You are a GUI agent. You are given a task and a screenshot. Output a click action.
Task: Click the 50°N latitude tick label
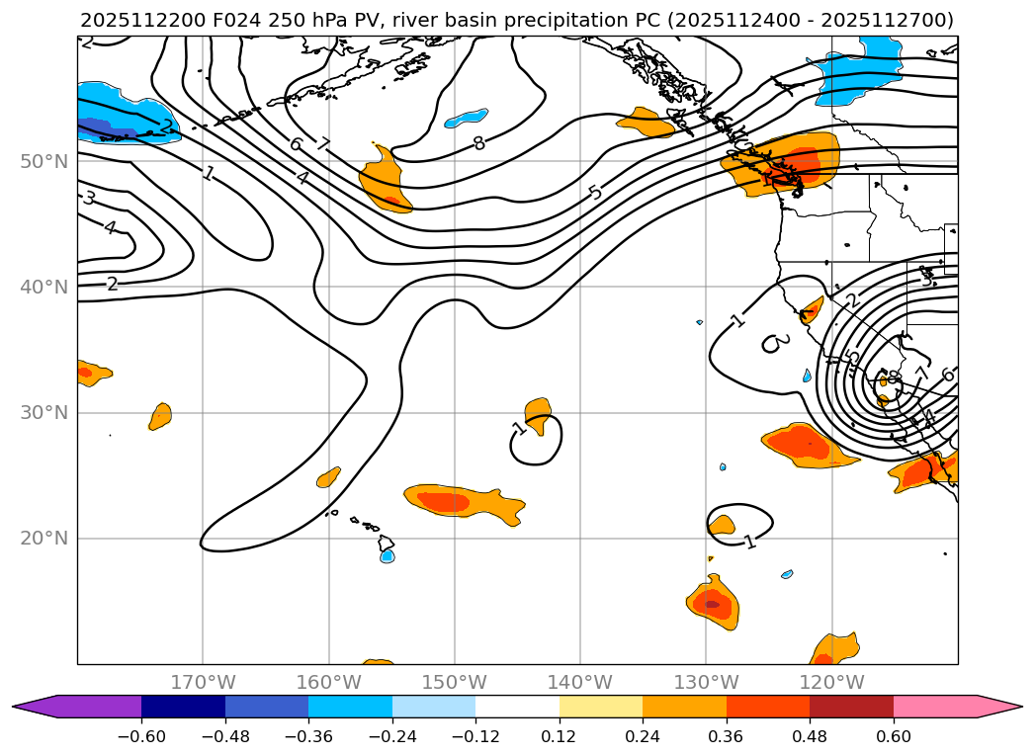[43, 161]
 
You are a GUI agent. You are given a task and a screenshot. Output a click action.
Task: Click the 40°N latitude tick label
[43, 287]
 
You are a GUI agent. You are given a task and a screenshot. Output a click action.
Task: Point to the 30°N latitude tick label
[43, 412]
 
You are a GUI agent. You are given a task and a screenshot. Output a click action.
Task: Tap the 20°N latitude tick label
[43, 539]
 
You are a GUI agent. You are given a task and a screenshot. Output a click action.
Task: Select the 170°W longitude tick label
[203, 682]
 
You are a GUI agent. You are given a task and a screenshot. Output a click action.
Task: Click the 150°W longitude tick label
[455, 682]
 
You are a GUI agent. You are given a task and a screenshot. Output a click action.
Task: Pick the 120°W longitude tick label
[831, 682]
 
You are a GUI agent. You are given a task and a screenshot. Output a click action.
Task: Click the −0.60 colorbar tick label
[141, 737]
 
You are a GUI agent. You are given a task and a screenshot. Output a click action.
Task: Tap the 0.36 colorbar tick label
[727, 737]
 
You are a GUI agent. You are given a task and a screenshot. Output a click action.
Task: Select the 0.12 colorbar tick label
[560, 737]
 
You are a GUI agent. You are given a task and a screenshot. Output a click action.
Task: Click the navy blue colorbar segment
[183, 706]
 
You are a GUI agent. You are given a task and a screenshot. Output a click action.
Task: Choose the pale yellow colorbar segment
[601, 706]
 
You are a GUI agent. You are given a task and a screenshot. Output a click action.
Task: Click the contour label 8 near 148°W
[478, 143]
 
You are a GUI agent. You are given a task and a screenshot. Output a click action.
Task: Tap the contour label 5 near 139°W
[594, 192]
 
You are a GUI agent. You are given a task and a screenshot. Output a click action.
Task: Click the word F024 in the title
[206, 20]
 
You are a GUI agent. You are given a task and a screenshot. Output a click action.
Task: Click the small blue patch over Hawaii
[388, 555]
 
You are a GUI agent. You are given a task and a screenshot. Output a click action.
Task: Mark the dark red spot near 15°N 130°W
[712, 604]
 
